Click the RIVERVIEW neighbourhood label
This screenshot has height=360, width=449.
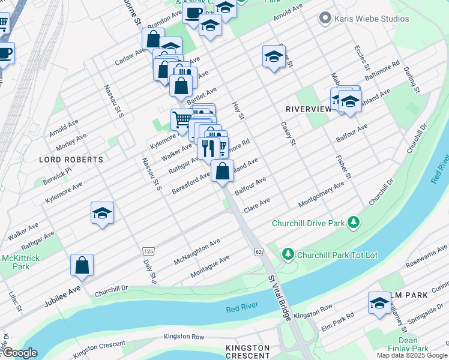(x=309, y=109)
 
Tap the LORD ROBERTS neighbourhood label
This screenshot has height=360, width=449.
(x=71, y=160)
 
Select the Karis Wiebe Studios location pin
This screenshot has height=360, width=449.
(x=326, y=18)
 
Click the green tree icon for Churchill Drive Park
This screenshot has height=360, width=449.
(x=354, y=223)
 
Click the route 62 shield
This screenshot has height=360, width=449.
(x=258, y=250)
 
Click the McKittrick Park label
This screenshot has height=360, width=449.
(x=16, y=262)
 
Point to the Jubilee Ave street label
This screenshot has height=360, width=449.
(x=62, y=297)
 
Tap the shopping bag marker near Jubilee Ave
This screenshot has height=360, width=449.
(x=82, y=266)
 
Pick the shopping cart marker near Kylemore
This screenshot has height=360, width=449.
(x=182, y=119)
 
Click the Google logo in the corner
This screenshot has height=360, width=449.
(x=19, y=353)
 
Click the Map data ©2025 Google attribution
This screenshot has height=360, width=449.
(x=411, y=355)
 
